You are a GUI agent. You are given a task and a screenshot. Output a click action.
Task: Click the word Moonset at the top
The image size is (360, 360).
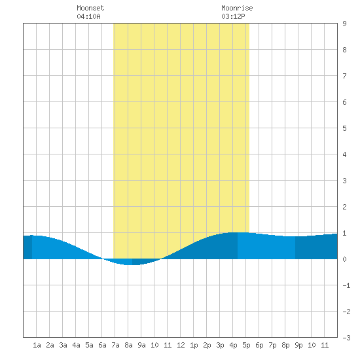tap(90, 8)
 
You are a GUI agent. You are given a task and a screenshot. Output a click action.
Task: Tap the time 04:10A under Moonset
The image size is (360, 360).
tap(88, 16)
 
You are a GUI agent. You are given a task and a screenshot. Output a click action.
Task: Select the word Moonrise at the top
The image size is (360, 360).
tap(237, 8)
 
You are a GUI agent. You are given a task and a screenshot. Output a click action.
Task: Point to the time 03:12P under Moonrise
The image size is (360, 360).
tap(233, 16)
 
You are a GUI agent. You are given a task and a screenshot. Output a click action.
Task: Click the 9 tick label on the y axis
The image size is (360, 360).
tap(344, 24)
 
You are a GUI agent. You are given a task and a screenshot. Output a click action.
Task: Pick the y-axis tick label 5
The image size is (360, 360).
tap(344, 128)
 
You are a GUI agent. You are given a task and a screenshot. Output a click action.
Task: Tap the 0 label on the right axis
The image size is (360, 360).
tap(344, 259)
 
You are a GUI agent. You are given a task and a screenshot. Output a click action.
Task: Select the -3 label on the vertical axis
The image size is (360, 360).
tap(346, 338)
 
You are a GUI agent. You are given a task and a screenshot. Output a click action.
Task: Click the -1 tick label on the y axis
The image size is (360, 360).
tap(346, 285)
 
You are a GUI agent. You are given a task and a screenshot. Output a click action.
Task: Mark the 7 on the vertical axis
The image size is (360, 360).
tap(344, 76)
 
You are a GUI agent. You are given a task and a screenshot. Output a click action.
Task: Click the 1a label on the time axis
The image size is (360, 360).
tap(37, 345)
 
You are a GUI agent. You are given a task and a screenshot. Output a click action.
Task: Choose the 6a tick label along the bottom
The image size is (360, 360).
tap(102, 345)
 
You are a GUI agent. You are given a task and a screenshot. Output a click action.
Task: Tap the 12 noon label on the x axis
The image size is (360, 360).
tap(181, 345)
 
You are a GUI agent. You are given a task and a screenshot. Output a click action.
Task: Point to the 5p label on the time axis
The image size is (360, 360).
tap(246, 345)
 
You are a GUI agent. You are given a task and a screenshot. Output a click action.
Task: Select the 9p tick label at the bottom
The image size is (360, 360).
tap(298, 345)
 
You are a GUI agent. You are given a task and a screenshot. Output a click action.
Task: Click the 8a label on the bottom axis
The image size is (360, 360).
tap(128, 345)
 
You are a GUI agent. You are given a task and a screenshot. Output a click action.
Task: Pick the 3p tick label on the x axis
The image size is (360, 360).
tap(220, 345)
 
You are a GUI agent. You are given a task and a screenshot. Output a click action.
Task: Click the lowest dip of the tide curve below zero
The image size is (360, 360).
tap(132, 264)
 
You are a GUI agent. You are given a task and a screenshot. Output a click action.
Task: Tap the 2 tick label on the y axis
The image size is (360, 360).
tap(344, 207)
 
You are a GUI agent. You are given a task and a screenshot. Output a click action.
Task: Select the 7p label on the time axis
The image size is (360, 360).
tap(272, 345)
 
